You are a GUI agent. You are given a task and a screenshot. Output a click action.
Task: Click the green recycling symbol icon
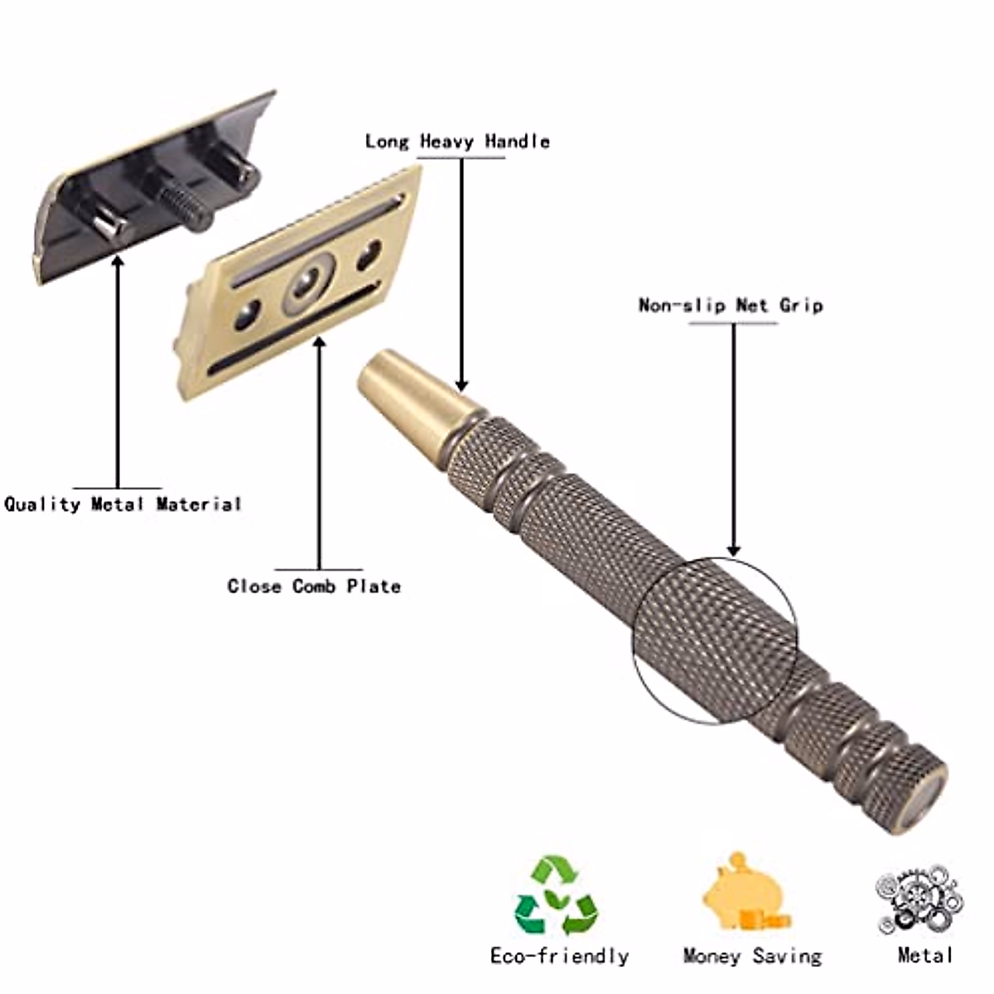556,897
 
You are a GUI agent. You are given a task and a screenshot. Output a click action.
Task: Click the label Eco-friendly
559,956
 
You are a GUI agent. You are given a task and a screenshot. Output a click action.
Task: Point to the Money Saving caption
752,956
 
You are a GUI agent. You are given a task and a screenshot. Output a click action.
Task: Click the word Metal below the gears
925,955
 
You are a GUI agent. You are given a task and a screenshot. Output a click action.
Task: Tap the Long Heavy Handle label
457,142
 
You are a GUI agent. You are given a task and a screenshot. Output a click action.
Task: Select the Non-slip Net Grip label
731,306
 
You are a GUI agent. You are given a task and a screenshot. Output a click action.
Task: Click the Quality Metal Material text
123,504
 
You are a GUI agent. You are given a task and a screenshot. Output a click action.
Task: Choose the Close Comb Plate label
314,586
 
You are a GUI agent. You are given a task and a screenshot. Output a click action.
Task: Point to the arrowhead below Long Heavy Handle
461,384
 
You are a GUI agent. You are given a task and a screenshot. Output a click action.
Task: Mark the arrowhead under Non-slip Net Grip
733,550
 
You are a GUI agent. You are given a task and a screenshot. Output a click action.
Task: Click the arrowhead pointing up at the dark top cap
118,263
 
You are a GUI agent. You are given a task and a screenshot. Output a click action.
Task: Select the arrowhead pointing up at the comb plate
320,341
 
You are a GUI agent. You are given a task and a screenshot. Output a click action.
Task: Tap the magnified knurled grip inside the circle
714,636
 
